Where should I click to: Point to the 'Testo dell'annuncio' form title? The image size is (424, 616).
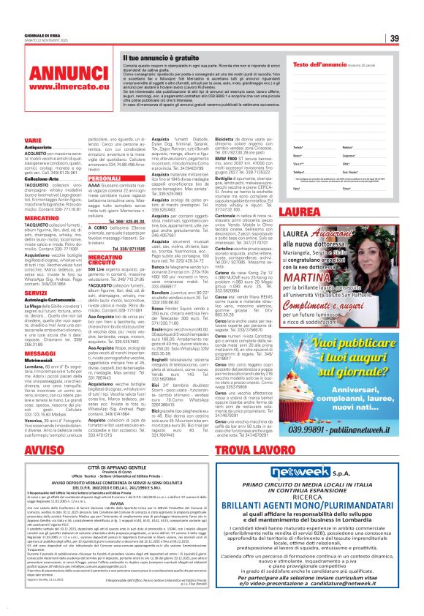coord(319,64)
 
